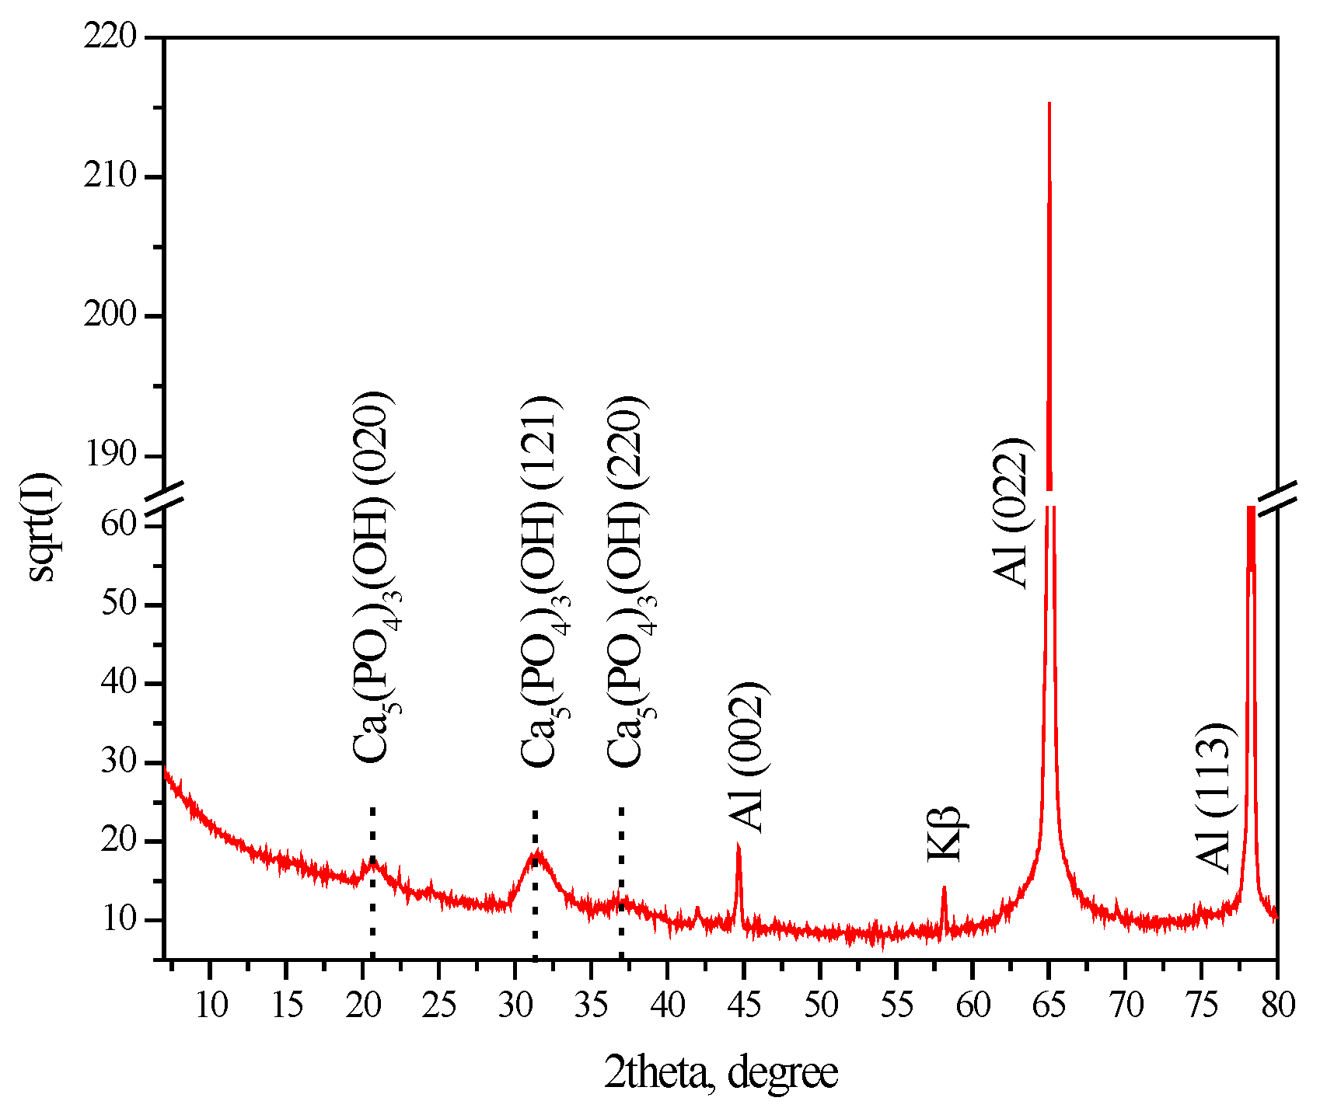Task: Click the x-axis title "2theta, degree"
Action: [x=721, y=1073]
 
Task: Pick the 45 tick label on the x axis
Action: [x=744, y=1005]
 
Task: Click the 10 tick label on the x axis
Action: [x=210, y=1005]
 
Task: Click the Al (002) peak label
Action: [x=748, y=758]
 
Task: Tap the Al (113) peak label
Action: [x=1213, y=797]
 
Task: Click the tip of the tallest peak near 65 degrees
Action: [x=1049, y=103]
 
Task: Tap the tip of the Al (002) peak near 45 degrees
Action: [x=738, y=845]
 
